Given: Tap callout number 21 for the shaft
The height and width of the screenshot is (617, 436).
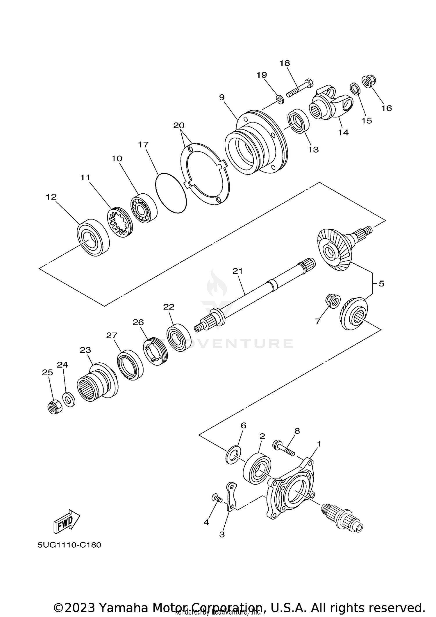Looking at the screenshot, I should coord(237,271).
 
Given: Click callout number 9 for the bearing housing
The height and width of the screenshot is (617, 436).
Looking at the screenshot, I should coord(222,97).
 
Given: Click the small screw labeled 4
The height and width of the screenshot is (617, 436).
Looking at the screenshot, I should coord(216,498).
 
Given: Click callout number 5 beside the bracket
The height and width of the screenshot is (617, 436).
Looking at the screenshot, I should coord(381,283).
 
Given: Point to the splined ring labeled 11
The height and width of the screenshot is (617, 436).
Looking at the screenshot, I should coord(120,222).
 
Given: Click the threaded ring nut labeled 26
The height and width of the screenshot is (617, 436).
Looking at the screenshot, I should coord(154,352).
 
